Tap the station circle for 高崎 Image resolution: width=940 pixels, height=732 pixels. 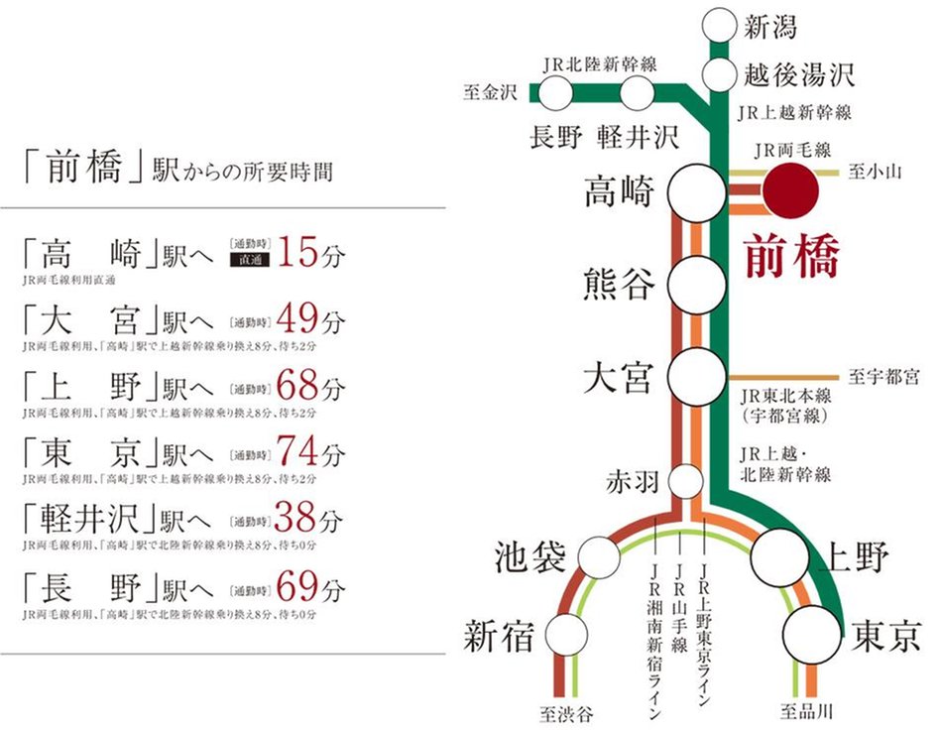click(x=695, y=193)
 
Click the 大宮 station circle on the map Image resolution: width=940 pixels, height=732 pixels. click(x=695, y=376)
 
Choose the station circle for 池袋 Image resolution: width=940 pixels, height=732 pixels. click(x=599, y=557)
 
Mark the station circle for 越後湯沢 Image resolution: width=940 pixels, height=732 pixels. click(x=717, y=73)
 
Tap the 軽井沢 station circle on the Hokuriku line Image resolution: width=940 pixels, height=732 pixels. click(x=638, y=94)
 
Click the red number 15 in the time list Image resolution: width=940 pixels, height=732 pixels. click(x=298, y=254)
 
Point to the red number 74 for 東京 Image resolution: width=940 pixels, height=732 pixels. click(x=298, y=453)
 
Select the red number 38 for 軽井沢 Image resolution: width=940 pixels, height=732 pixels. click(x=298, y=520)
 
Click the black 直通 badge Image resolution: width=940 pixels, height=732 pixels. click(x=248, y=262)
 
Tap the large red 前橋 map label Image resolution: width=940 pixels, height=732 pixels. click(x=790, y=256)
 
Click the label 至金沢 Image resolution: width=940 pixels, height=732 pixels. click(x=491, y=93)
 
